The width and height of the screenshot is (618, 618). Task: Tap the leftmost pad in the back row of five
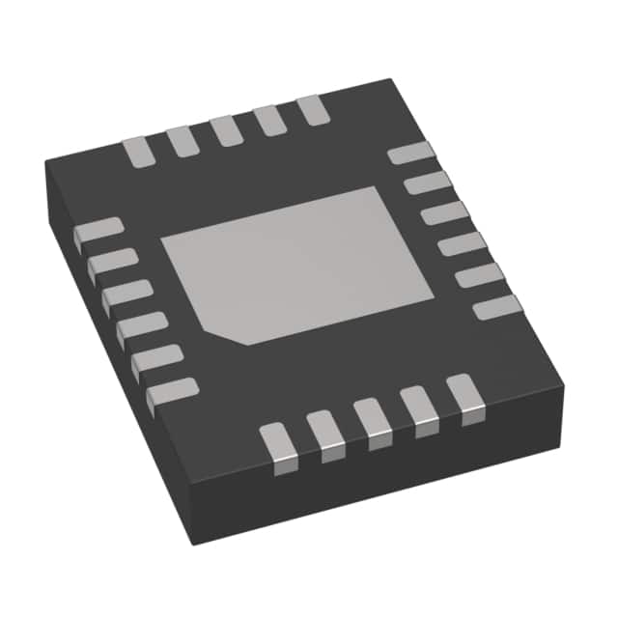click(138, 151)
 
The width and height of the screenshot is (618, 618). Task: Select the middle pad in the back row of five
click(227, 129)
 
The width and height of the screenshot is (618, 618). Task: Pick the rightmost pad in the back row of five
click(314, 109)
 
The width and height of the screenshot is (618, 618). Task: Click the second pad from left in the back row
click(182, 140)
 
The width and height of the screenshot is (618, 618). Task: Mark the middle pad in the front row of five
click(372, 421)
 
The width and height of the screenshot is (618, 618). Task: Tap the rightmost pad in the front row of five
click(464, 397)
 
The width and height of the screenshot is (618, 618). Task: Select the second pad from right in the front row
click(418, 408)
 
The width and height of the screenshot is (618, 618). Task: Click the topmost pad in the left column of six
click(98, 230)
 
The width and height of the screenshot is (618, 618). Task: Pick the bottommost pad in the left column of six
click(172, 392)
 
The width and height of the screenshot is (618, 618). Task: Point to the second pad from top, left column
click(112, 262)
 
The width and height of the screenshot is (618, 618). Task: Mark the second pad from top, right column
click(427, 183)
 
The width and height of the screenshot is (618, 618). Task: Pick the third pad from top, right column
click(444, 213)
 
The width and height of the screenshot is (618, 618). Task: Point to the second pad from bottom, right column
click(480, 276)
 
